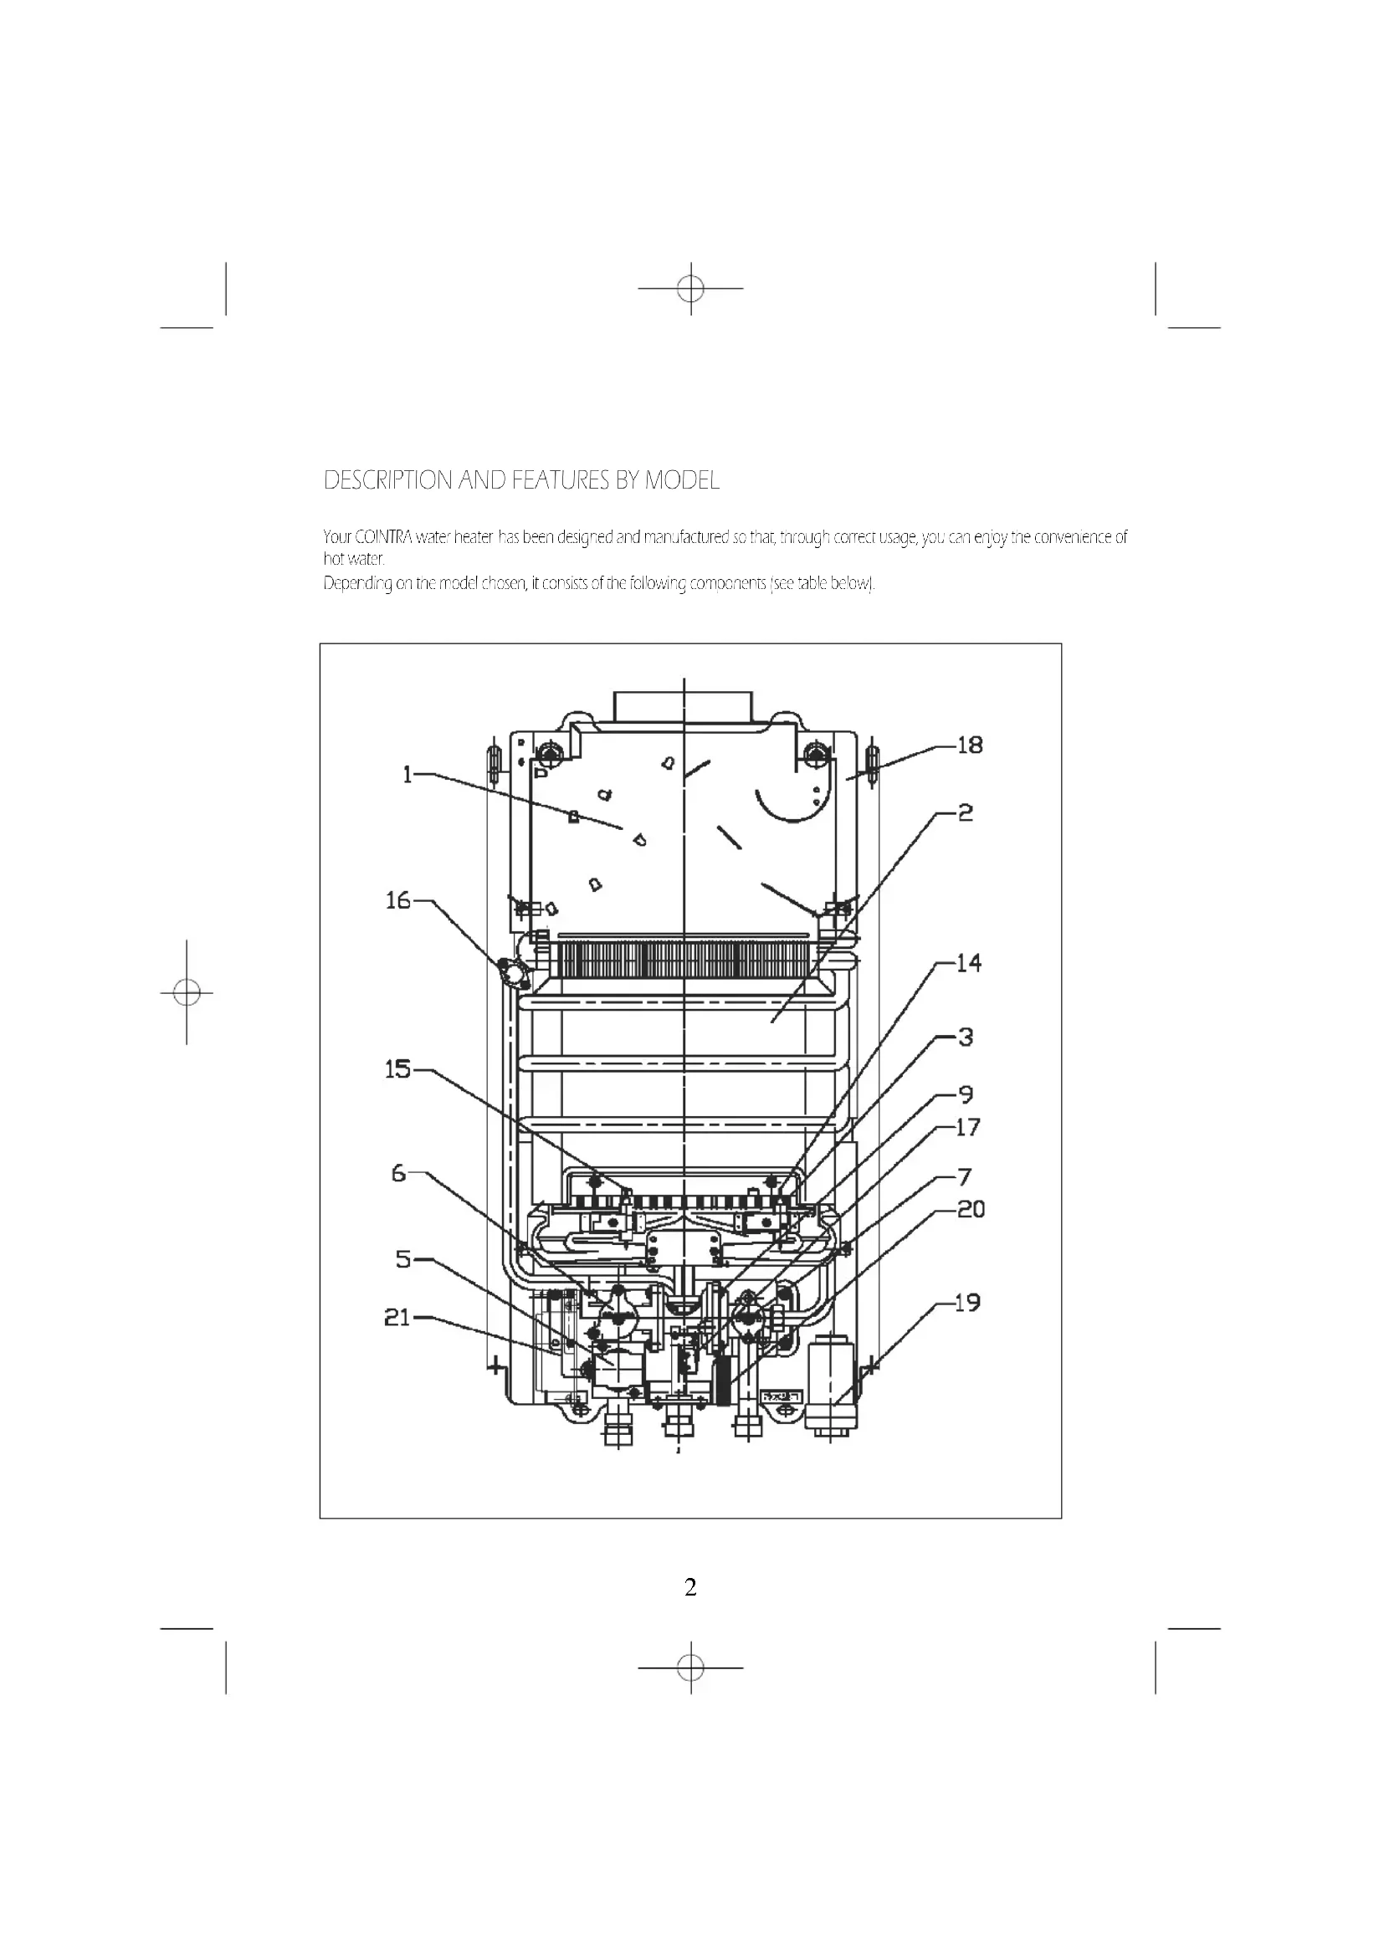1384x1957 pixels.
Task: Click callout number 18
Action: coord(970,745)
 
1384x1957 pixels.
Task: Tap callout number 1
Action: coord(408,775)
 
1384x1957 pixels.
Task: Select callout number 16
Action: coord(398,901)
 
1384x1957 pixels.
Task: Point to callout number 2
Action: coord(965,813)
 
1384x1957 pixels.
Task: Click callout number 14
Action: coord(969,964)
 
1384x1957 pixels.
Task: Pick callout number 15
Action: coord(398,1070)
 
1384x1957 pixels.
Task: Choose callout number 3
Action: coord(966,1037)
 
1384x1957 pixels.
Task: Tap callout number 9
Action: coord(966,1094)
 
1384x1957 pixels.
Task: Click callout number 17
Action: coord(968,1128)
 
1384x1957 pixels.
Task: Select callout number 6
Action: coord(399,1174)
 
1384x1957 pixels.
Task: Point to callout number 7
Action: coord(965,1178)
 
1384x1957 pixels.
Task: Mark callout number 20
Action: coord(971,1210)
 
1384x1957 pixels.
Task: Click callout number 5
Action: coord(403,1259)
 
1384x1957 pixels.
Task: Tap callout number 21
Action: coord(397,1318)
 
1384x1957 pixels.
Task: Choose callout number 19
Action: coord(967,1303)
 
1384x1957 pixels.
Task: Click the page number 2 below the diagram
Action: coord(690,1587)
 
